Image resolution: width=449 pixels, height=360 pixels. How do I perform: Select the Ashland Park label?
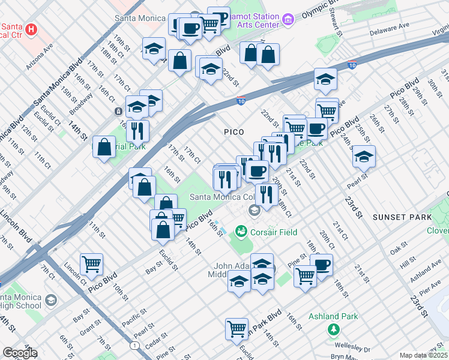coord(333,316)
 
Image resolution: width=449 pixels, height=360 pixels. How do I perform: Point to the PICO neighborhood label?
coord(234,131)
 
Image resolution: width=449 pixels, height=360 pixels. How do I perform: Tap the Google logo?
coord(20,353)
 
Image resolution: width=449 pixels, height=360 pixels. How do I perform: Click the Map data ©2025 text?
coord(424,355)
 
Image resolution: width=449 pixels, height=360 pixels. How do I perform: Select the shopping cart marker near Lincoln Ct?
coord(91,263)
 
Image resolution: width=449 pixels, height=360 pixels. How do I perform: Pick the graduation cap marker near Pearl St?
coord(364,157)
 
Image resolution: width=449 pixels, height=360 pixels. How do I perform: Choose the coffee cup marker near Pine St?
coord(322,265)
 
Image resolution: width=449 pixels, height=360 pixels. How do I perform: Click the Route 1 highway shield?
coord(134,346)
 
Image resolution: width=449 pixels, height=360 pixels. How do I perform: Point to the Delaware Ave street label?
coord(389,28)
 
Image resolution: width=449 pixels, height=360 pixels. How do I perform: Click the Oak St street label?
coord(398,249)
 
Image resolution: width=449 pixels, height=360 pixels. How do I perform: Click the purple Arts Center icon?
coord(288,20)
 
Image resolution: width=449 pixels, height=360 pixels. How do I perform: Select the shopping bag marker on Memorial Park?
coord(104,147)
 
